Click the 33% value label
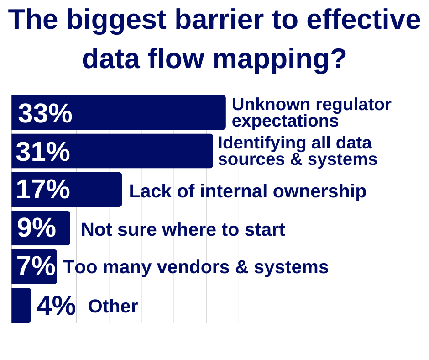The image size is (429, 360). pos(45,113)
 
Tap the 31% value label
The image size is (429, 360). pos(43,152)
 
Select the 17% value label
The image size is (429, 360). pos(43,189)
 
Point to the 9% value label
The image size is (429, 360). pos(37,228)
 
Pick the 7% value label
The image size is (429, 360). pos(36,266)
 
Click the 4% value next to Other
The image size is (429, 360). pos(56,306)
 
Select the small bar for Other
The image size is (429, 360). pos(21,305)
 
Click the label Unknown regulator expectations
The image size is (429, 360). pos(311,112)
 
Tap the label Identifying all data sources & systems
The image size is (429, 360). pos(297,151)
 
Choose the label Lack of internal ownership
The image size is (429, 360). pos(247,191)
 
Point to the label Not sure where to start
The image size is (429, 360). pos(183,229)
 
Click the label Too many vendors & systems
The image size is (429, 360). pos(196,267)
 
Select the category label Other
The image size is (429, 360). pos(113,306)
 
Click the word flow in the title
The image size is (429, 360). pos(176,58)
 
